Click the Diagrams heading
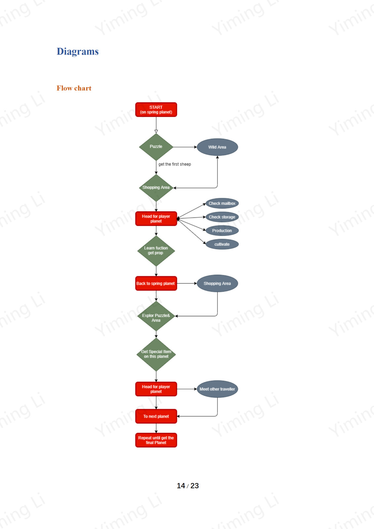tap(77, 52)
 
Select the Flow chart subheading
tap(74, 88)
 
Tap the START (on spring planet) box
tap(156, 109)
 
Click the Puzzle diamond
tap(156, 147)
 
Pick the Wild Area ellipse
tap(217, 147)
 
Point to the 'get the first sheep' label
tap(175, 164)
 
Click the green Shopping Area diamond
tap(156, 188)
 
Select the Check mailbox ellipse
tap(222, 203)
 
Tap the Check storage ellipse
tap(222, 217)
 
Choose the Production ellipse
tap(222, 231)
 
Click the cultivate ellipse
tap(222, 244)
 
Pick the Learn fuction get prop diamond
tap(156, 251)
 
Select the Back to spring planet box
tap(156, 283)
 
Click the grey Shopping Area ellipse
tap(217, 283)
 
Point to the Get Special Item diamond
tap(156, 354)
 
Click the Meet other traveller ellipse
tap(217, 389)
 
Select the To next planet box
tap(156, 416)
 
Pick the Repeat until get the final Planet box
tap(156, 440)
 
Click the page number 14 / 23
tap(188, 486)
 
